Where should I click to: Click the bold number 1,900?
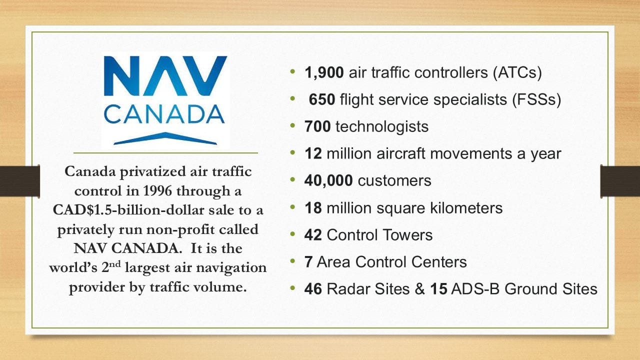(324, 72)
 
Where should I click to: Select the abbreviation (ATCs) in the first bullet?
(517, 72)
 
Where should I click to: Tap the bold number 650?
(321, 99)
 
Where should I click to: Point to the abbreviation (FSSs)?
(536, 99)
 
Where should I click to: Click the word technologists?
(382, 126)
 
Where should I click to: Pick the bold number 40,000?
(328, 181)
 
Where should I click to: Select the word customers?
(394, 181)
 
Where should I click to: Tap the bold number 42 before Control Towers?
(313, 235)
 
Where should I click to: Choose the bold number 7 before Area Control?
(308, 261)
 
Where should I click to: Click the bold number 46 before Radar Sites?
(313, 289)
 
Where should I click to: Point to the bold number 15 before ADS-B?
(439, 289)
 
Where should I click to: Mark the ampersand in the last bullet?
(419, 289)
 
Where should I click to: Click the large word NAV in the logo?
(165, 76)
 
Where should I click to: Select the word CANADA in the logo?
(164, 114)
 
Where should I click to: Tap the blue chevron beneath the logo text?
(165, 138)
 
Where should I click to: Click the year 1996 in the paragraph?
(157, 191)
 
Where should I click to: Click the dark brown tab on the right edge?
(620, 181)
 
